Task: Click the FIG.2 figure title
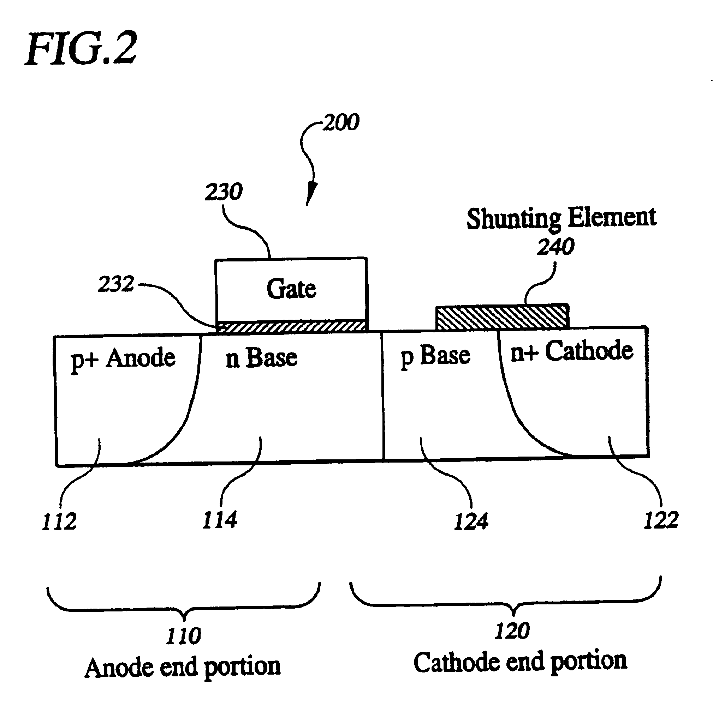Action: pos(82,49)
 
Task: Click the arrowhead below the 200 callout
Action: pos(311,193)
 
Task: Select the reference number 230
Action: pos(224,192)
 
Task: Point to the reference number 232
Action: pos(116,284)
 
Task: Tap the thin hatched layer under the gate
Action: pos(291,326)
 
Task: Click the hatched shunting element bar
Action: pos(502,318)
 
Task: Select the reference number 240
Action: pos(555,247)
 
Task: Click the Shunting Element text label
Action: pos(561,218)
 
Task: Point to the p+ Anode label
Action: pos(123,359)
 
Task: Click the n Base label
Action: pos(261,358)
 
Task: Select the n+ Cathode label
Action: pos(572,351)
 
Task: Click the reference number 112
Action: pos(59,522)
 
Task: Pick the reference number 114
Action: pos(220,520)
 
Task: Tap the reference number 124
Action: pos(471,522)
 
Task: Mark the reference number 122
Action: pos(661,520)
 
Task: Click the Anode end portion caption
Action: pos(183,667)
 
